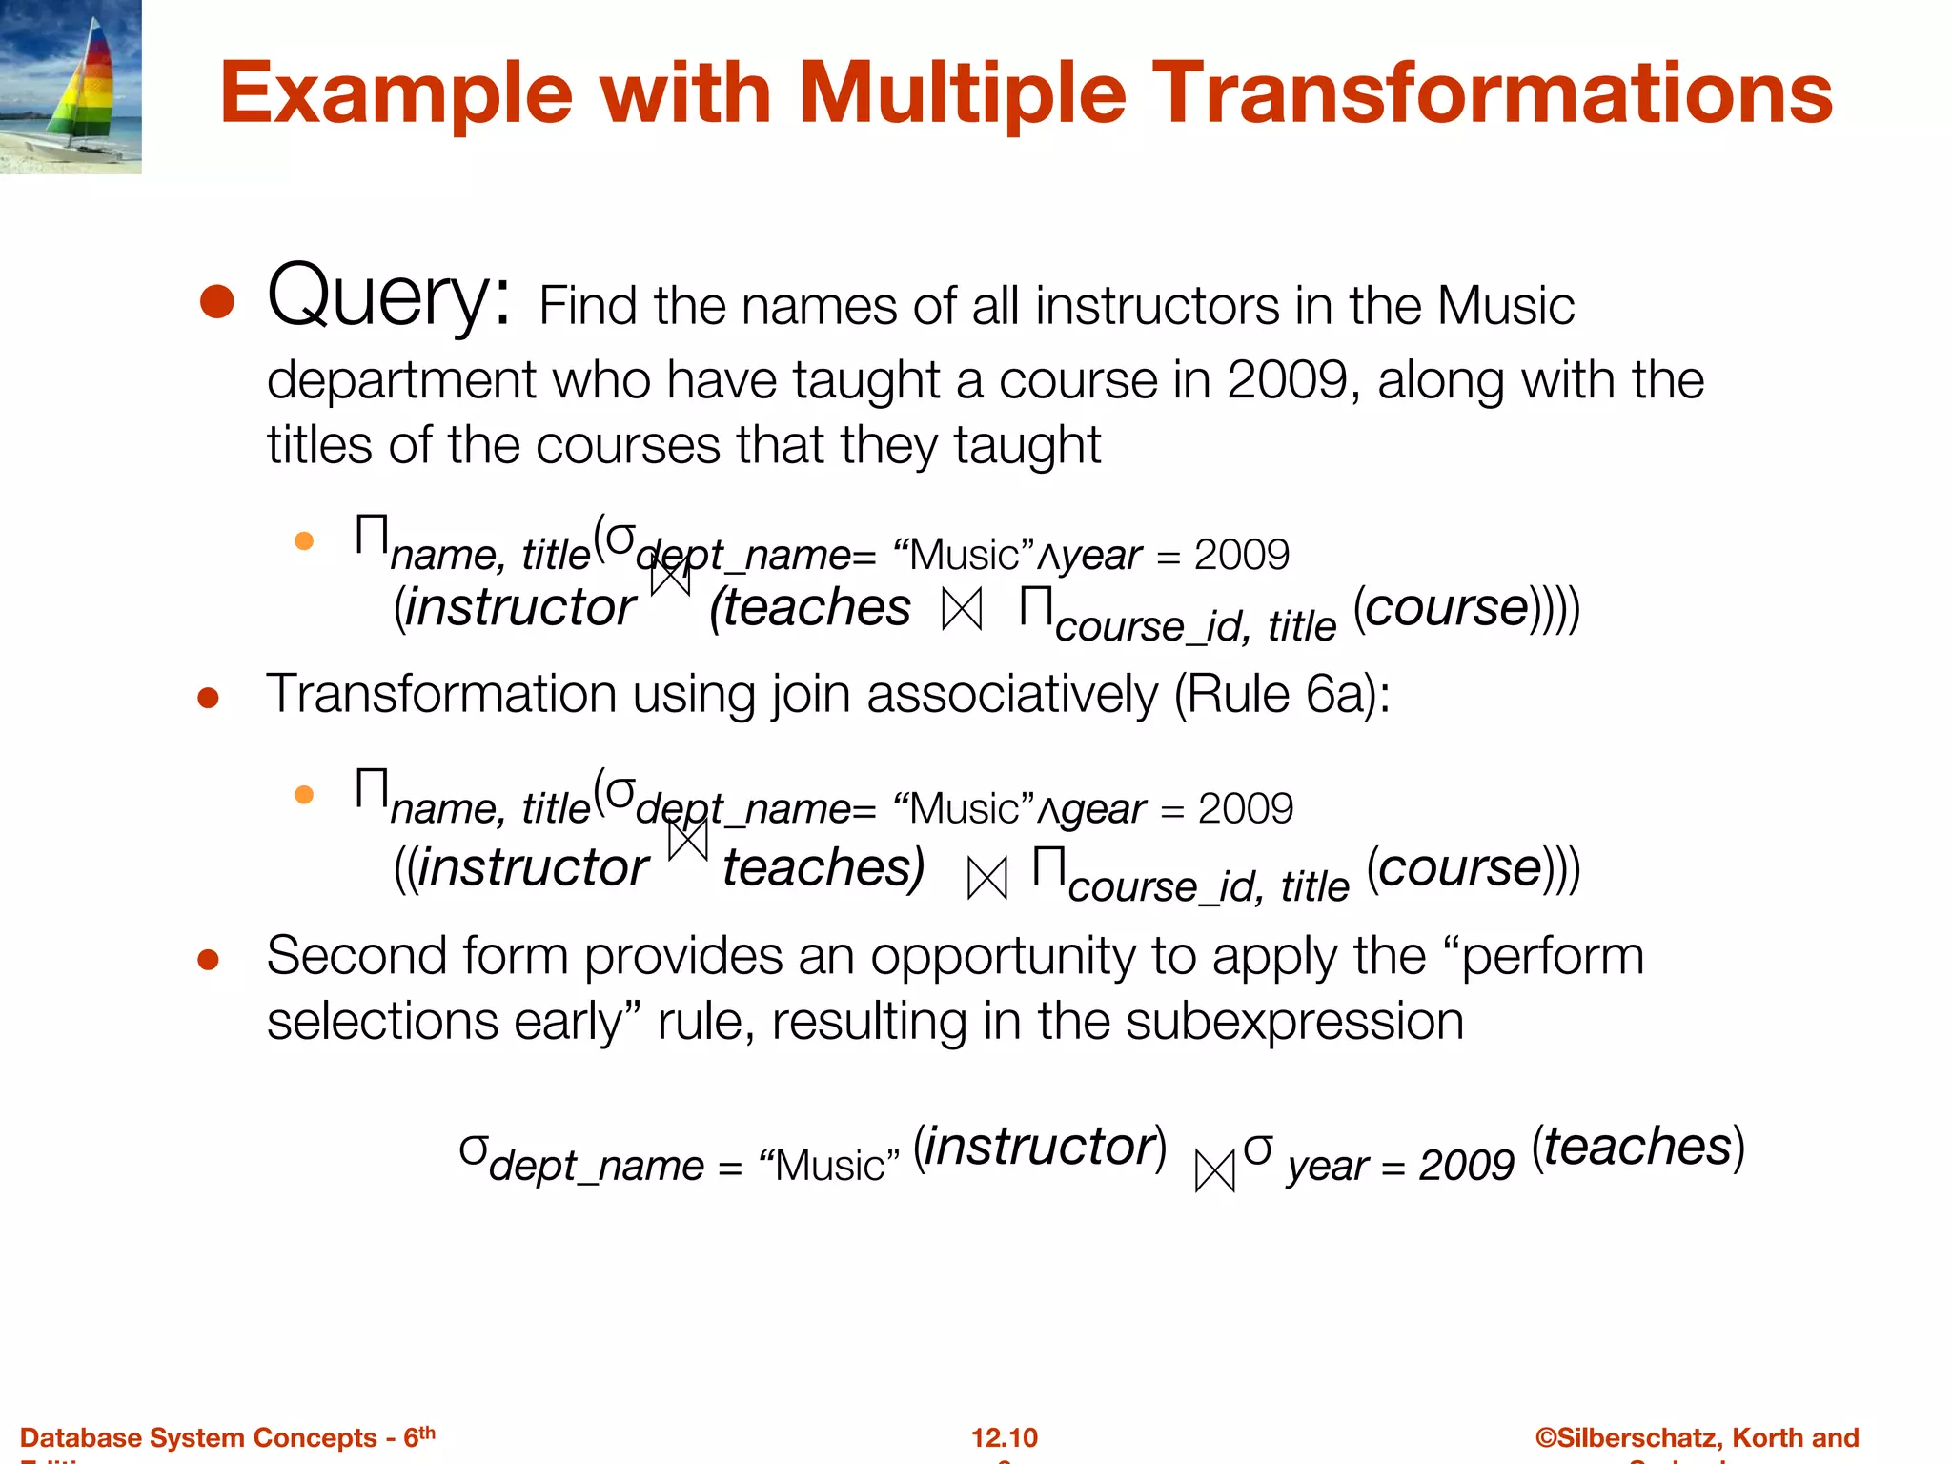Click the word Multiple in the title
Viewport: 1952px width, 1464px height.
pos(963,93)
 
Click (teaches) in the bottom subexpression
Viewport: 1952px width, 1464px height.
pos(1637,1147)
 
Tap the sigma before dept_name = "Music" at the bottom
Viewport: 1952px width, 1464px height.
pos(473,1150)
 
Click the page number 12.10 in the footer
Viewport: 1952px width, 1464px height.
pos(1004,1437)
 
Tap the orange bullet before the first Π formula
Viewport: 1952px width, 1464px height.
pos(304,541)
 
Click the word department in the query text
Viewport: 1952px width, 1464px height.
pos(400,381)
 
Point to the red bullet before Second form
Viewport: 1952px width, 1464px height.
pos(208,959)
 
